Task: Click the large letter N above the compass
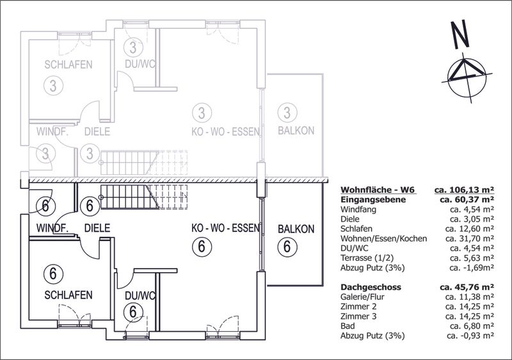[x=460, y=35]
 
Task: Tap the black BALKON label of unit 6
[x=296, y=229]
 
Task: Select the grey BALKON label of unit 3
[x=296, y=131]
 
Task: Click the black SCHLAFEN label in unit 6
[x=68, y=295]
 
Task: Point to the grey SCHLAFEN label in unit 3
[x=68, y=64]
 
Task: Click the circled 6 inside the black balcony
[x=287, y=247]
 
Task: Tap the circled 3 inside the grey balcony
[x=287, y=113]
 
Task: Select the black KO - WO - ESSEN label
[x=226, y=228]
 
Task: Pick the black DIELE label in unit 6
[x=97, y=228]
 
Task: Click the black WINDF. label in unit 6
[x=52, y=228]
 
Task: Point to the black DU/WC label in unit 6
[x=140, y=296]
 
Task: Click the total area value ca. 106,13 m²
[x=464, y=190]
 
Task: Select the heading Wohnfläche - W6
[x=378, y=190]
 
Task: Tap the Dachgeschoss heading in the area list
[x=371, y=287]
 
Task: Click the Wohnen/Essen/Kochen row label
[x=383, y=239]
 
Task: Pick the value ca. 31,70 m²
[x=470, y=239]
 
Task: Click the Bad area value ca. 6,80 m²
[x=472, y=325]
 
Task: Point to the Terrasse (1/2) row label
[x=367, y=258]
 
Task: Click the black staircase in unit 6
[x=143, y=197]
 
